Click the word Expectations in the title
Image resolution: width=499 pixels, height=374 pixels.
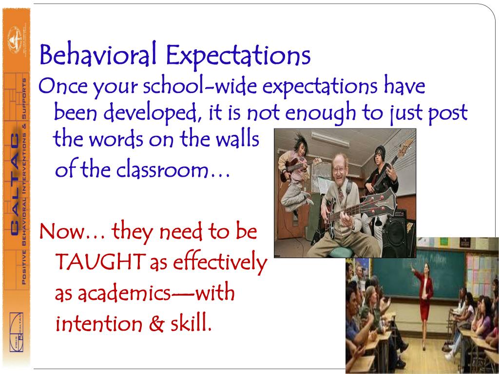coord(238,56)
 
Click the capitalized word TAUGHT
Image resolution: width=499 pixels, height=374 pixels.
coord(100,263)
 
